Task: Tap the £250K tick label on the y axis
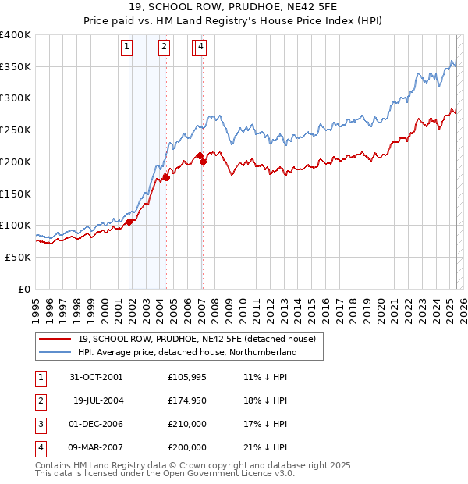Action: click(x=16, y=130)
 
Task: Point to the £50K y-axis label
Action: click(x=18, y=257)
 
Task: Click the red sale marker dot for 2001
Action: click(x=129, y=222)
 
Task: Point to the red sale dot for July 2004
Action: click(x=166, y=177)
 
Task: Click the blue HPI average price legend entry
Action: click(x=187, y=352)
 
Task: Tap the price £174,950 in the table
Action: click(x=187, y=401)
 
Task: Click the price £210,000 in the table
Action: click(x=187, y=425)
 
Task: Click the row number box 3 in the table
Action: click(x=40, y=425)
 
